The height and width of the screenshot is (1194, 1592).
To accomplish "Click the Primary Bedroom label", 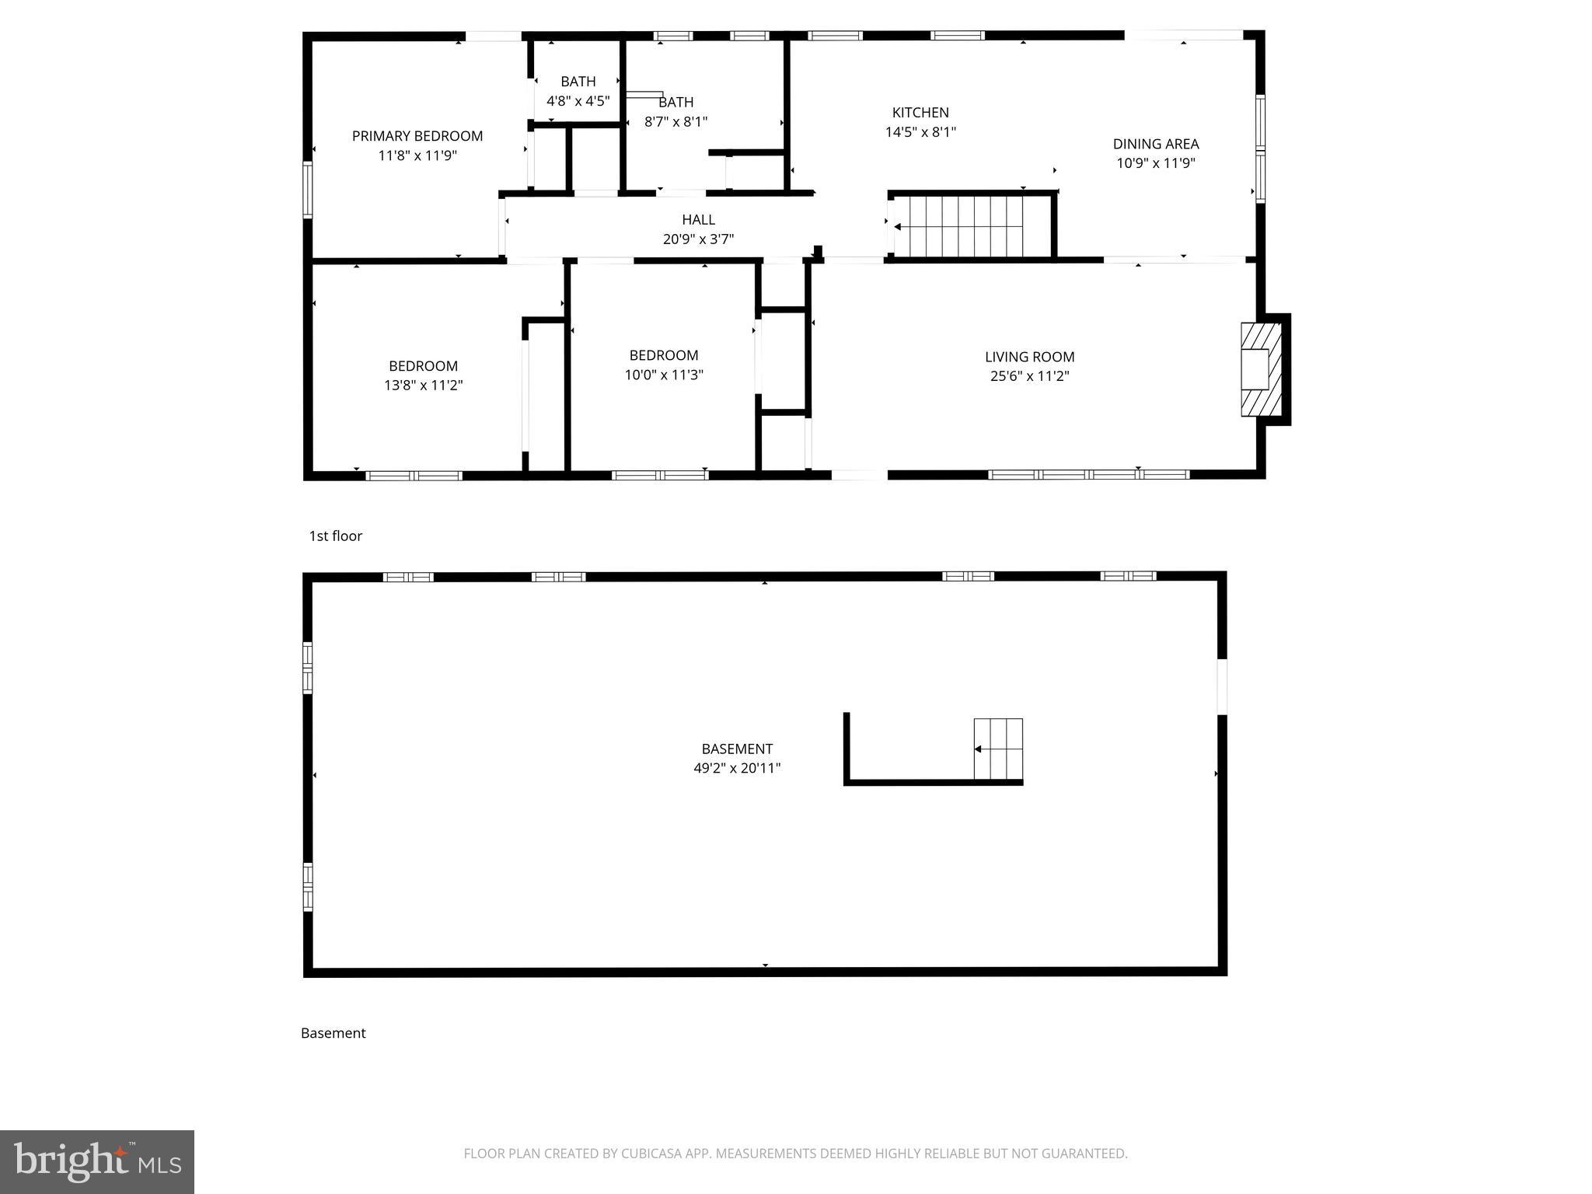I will [x=417, y=136].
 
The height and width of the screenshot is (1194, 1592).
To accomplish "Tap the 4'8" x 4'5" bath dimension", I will [x=578, y=101].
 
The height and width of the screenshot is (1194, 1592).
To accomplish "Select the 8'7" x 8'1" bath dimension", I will [x=676, y=122].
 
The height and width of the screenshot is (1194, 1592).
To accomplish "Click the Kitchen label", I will [x=920, y=113].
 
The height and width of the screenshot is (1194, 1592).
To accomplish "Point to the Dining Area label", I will [x=1155, y=144].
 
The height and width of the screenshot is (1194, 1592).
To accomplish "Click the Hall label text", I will [x=698, y=220].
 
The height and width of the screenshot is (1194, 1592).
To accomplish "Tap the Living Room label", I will [x=1029, y=357].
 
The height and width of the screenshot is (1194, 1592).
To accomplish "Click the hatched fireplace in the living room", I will [x=1259, y=369].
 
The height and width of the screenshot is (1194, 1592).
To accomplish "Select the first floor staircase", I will [x=972, y=226].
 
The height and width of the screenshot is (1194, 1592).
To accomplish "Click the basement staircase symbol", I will [x=998, y=749].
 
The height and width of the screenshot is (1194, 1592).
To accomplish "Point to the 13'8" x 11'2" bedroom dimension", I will [x=423, y=386].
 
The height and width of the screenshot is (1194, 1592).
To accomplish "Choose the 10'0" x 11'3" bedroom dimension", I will [x=663, y=375].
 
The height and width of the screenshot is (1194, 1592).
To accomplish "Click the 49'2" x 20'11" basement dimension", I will [x=736, y=769].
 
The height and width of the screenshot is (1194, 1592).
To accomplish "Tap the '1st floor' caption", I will [x=336, y=536].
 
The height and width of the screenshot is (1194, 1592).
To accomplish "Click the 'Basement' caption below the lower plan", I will [x=333, y=1033].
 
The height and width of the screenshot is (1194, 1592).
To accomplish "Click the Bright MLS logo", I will [x=97, y=1161].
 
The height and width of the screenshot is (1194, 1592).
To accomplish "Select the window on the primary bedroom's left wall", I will [x=308, y=189].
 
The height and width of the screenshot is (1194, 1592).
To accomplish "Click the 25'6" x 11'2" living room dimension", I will [x=1029, y=376].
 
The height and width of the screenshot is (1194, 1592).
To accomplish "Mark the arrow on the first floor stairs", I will [x=899, y=227].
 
